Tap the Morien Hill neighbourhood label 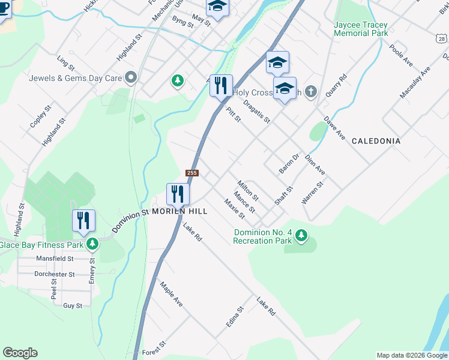(x=179, y=212)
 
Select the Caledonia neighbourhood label (x=376, y=141)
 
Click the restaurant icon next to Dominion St (x=178, y=193)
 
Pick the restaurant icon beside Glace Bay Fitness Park (x=83, y=220)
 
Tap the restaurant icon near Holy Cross (x=221, y=85)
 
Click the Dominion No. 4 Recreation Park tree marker (x=301, y=237)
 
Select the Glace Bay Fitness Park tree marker (x=92, y=244)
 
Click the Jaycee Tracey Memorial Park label (x=361, y=29)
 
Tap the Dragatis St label (x=257, y=111)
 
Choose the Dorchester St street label (x=54, y=274)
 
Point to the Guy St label (x=73, y=305)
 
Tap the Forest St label (x=154, y=352)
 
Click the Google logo (x=20, y=353)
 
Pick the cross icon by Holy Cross (x=310, y=91)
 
